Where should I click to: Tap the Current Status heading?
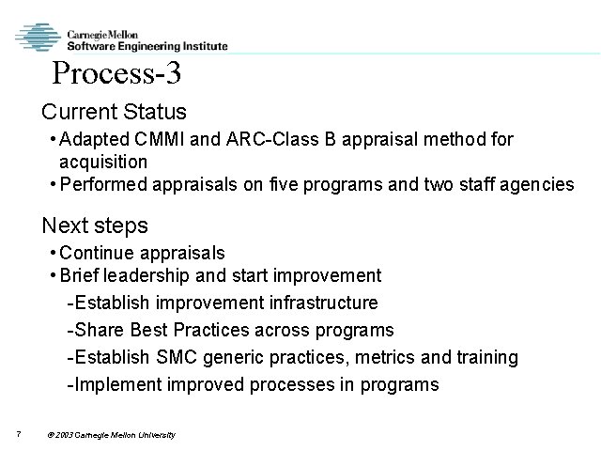114,112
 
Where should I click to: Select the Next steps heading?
94,225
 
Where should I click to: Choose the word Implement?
116,384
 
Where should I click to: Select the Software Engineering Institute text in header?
146,44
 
